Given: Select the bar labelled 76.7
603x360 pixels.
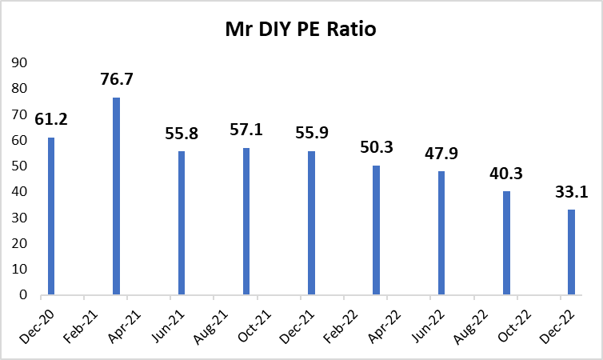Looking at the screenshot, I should click(116, 196).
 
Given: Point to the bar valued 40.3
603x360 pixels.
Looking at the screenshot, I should click(506, 243).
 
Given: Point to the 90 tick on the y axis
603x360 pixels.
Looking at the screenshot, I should click(20, 63).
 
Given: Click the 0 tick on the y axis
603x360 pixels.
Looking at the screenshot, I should click(24, 295).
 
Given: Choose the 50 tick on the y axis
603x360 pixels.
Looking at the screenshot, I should click(20, 166).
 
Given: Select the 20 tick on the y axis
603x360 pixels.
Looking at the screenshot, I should click(20, 243).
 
